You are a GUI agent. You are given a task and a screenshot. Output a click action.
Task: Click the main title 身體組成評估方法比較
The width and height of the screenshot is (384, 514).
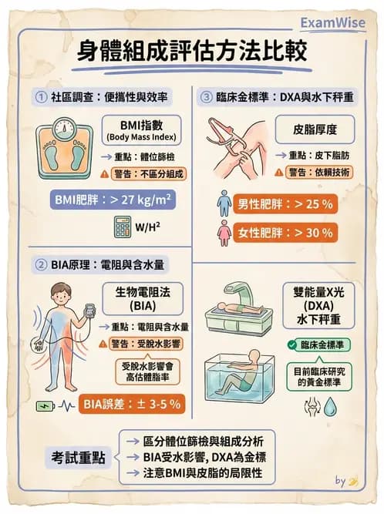coord(193,52)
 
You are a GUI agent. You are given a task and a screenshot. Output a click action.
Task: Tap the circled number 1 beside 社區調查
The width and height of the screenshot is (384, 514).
coord(41,97)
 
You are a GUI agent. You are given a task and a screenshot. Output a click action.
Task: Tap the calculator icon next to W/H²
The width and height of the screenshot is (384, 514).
coord(122,227)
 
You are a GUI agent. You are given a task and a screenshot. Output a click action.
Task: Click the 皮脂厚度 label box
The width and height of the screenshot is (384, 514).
coord(315,128)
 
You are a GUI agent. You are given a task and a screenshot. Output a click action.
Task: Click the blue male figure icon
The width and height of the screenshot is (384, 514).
coord(224,204)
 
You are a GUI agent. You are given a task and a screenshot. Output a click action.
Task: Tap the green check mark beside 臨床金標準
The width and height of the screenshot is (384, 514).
coord(291,344)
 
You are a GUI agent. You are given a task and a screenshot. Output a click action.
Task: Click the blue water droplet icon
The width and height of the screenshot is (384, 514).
coord(330,405)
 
